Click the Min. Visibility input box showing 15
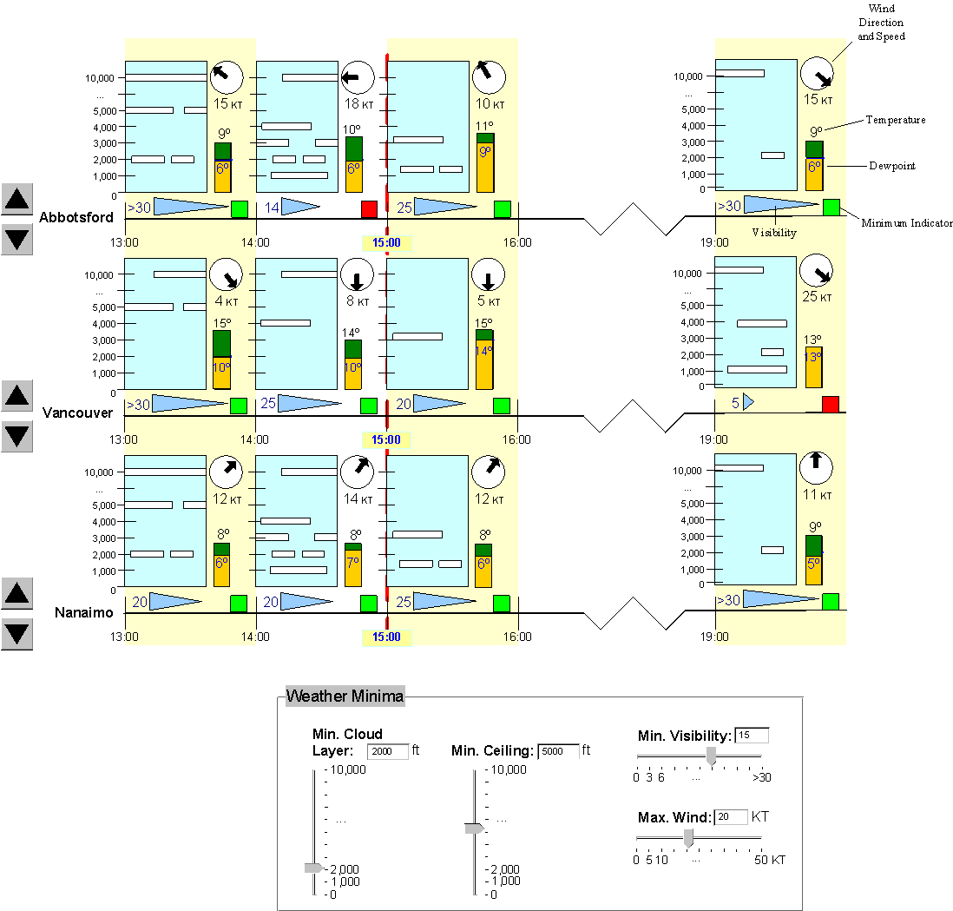click(752, 736)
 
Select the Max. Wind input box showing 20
click(731, 816)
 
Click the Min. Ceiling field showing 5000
click(559, 751)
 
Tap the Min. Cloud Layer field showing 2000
click(388, 751)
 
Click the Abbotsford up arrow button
click(16, 199)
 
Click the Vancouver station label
click(78, 413)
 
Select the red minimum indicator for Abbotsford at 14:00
click(369, 208)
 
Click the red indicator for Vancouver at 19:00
click(831, 404)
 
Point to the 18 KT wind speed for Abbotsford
click(358, 104)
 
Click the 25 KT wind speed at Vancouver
click(817, 297)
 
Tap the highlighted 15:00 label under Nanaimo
click(386, 637)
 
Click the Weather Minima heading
click(345, 696)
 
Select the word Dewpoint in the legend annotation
click(891, 166)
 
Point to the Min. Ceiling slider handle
click(474, 828)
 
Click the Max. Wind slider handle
click(688, 839)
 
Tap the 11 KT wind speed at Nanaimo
click(817, 495)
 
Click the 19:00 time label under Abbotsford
click(714, 242)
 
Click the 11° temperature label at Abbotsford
click(484, 126)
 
